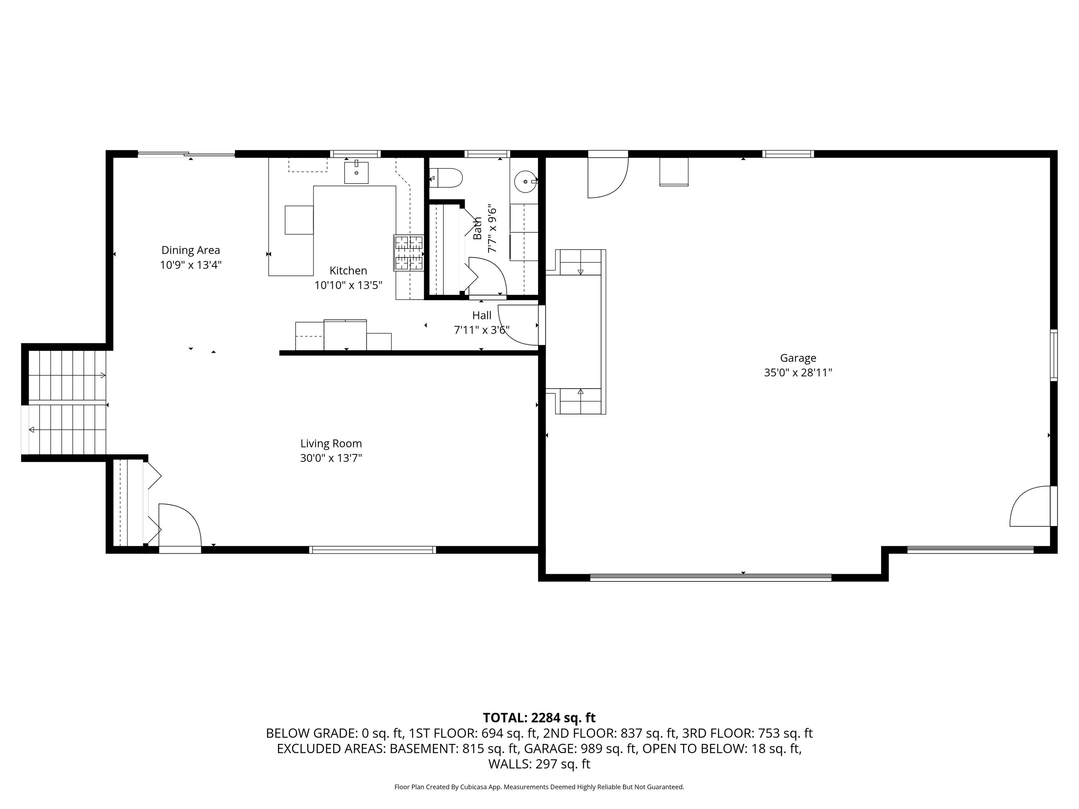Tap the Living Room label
pos(331,444)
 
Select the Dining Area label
pos(191,250)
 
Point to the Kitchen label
pos(348,271)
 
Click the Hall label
pos(482,315)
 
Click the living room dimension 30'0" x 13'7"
pos(331,458)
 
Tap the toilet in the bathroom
pos(446,178)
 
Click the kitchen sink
pos(356,172)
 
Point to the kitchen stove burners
pos(409,253)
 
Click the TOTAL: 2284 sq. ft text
pos(539,718)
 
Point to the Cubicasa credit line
pos(539,787)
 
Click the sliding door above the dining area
pos(186,155)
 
